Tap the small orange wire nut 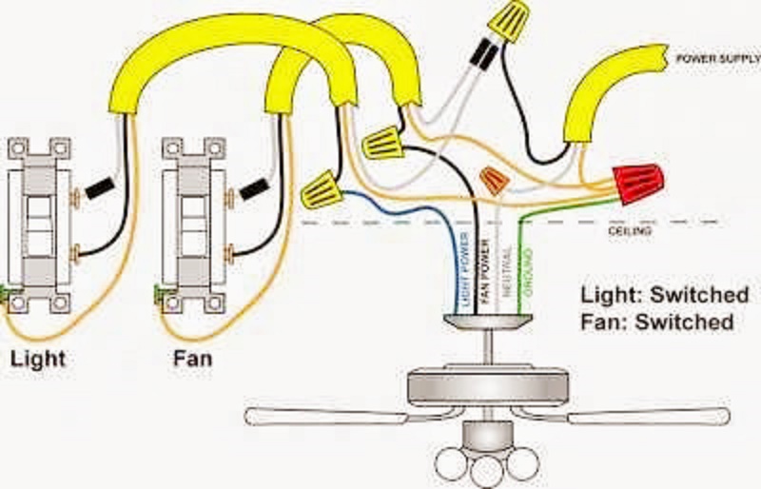(493, 178)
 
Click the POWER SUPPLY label (712, 58)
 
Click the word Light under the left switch (38, 360)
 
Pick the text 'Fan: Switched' (656, 322)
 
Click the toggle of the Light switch (38, 225)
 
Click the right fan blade (647, 415)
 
